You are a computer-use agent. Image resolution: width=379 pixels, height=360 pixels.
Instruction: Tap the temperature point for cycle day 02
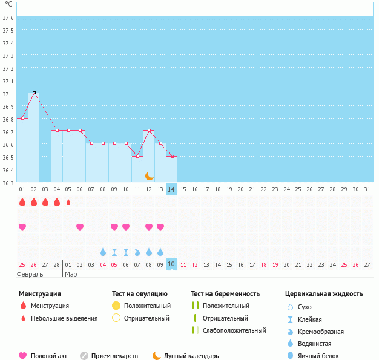(34, 93)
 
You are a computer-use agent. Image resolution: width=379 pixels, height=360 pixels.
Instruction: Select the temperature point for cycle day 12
(149, 130)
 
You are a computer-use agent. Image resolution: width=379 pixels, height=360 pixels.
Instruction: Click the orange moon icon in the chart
(149, 176)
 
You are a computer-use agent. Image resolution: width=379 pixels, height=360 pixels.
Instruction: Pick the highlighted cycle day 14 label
(172, 189)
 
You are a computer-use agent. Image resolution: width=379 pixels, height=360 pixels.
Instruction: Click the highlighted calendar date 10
(172, 264)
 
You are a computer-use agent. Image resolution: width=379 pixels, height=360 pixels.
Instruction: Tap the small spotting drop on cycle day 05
(68, 202)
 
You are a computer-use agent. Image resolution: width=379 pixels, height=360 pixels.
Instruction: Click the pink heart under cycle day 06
(80, 227)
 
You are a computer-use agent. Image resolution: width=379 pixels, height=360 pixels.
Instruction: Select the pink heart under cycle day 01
(22, 227)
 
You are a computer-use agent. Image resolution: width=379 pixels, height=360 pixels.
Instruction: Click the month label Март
(73, 274)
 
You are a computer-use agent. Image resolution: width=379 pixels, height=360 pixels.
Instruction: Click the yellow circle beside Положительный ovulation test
(116, 306)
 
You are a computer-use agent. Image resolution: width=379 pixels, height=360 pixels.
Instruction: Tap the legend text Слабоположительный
(235, 330)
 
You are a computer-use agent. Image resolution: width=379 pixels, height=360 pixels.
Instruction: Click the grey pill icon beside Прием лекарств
(84, 356)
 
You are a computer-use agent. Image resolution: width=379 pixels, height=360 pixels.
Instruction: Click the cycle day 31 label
(366, 189)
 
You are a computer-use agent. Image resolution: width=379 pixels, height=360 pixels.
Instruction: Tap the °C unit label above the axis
(8, 4)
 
